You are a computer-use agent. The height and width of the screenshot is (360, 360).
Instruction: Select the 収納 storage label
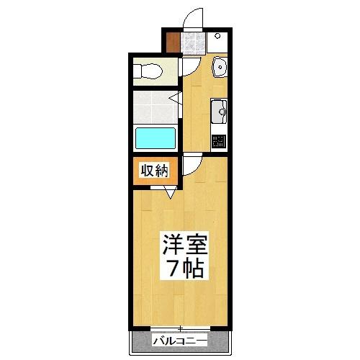154,171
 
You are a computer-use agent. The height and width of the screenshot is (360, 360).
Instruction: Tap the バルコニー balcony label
179,341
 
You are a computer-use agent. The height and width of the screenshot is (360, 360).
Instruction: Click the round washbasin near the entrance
220,69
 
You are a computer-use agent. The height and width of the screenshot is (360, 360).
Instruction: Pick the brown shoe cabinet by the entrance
171,42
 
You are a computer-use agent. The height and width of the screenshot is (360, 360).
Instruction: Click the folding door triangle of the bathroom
175,97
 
